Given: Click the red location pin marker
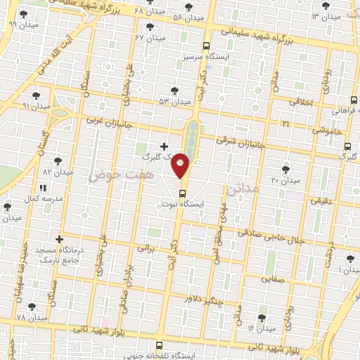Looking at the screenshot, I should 181,165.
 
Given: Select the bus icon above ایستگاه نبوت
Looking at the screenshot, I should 182,193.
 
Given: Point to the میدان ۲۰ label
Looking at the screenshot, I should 285,181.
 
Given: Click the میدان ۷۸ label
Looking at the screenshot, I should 31,319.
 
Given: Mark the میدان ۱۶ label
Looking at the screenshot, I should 262,328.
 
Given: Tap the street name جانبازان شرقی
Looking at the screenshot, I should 239,141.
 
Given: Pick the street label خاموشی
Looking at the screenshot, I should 328,131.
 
